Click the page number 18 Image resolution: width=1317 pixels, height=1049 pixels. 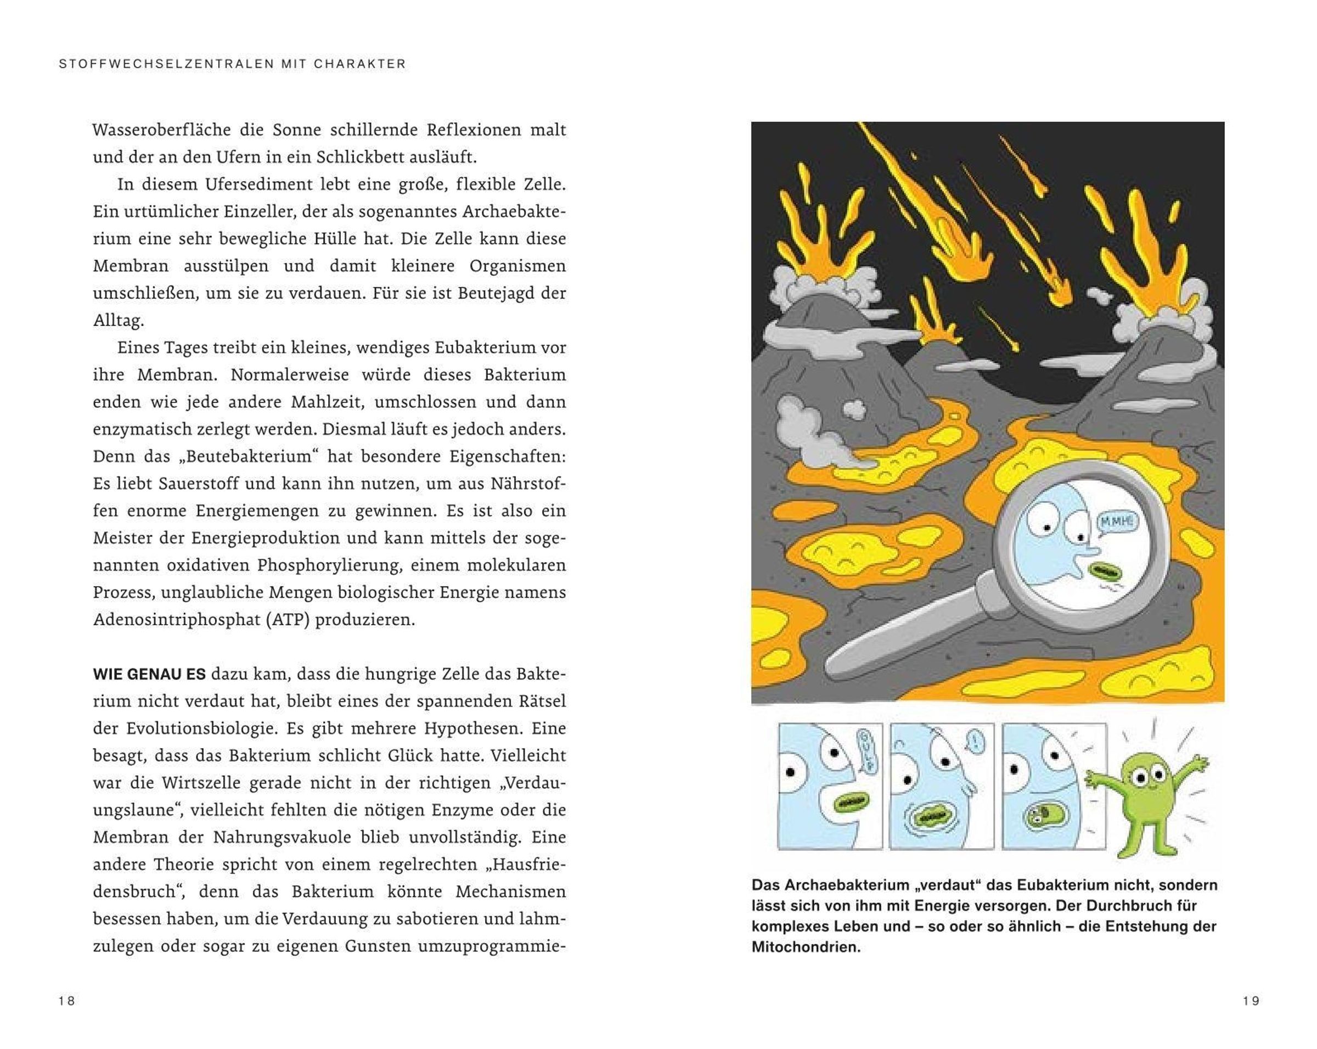[66, 1001]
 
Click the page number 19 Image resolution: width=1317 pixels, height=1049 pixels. [1251, 1001]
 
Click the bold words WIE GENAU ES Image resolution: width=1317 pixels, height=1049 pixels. [149, 675]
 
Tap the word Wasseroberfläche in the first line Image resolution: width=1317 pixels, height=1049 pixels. [161, 130]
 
